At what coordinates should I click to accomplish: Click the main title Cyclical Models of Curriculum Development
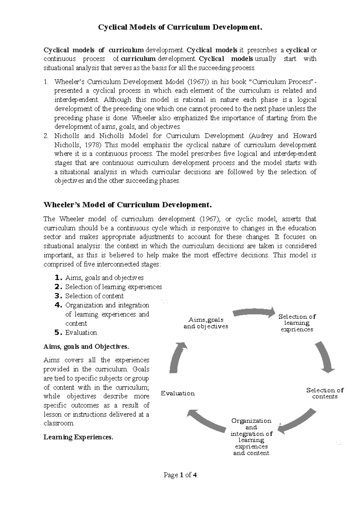click(180, 28)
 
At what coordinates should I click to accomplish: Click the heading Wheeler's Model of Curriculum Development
click(128, 205)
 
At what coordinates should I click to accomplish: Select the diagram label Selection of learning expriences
click(297, 323)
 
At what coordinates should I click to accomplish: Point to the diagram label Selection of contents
click(325, 393)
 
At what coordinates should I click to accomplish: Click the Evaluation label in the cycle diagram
click(178, 393)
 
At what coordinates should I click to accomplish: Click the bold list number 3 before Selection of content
click(58, 296)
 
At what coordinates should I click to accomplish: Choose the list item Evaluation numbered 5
click(81, 333)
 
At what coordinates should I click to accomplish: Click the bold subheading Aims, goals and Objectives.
click(86, 347)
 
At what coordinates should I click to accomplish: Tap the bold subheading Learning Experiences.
click(79, 437)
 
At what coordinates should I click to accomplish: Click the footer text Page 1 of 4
click(180, 475)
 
